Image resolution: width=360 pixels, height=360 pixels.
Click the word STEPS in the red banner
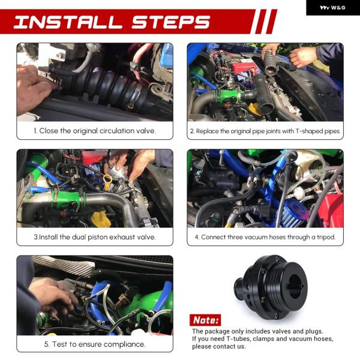[171, 22]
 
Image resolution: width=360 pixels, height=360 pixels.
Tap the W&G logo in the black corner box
[332, 8]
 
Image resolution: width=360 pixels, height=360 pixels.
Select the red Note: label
[205, 320]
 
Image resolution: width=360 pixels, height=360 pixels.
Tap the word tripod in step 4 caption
[326, 237]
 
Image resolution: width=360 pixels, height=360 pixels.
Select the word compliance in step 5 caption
[126, 344]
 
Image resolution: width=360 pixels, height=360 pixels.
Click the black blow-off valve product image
[271, 287]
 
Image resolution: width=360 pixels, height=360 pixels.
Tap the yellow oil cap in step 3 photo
[101, 219]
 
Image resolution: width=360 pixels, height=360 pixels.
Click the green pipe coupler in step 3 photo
[68, 200]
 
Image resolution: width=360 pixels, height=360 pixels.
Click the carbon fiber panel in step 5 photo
[64, 266]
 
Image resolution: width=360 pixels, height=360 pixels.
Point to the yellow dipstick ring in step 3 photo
[107, 179]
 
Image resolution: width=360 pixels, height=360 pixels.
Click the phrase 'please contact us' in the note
[218, 346]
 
